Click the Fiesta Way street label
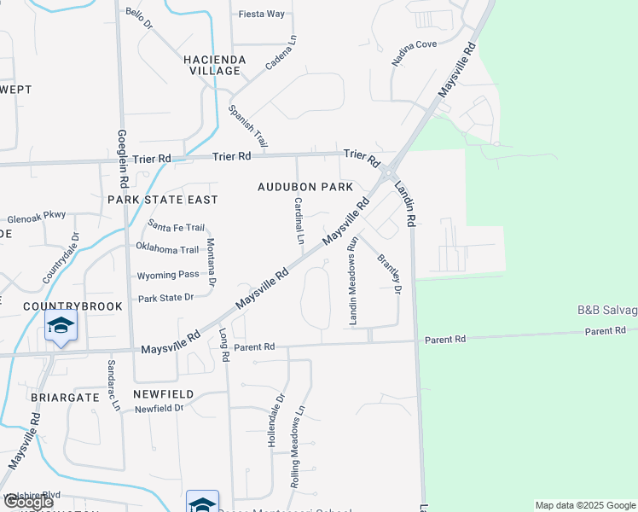[x=262, y=14]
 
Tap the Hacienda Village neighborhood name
[x=215, y=65]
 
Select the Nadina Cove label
[x=415, y=55]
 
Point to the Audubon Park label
[x=305, y=187]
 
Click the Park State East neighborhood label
[x=163, y=199]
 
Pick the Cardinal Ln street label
[x=299, y=221]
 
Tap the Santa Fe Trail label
[x=177, y=227]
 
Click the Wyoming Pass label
[x=168, y=274]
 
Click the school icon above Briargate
[x=61, y=326]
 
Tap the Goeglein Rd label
[x=123, y=160]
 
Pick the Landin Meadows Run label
[x=351, y=287]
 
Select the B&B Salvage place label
[x=607, y=310]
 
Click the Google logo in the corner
[x=28, y=503]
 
